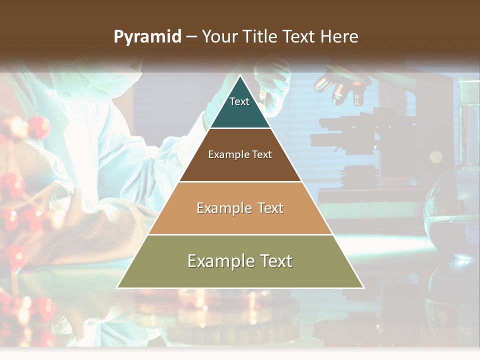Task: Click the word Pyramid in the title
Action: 147,37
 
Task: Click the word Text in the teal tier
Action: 239,101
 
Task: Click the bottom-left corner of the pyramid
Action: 118,287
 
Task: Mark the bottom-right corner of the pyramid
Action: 363,287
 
